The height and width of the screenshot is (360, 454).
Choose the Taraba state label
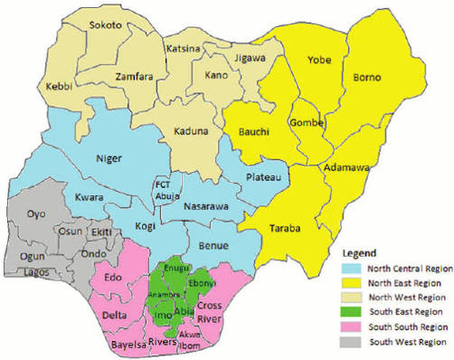click(284, 229)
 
